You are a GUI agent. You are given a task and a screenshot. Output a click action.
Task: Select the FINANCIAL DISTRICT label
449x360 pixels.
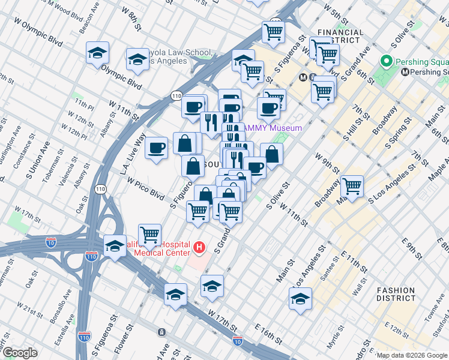pos(340,37)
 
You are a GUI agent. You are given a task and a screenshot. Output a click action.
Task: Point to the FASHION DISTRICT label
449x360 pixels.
pos(396,294)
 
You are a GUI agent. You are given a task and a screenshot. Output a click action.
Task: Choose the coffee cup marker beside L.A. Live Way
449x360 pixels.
pos(156,147)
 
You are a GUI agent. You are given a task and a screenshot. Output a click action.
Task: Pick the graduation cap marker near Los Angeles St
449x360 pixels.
pos(300,298)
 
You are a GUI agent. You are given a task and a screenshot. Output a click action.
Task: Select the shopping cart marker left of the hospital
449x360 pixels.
pos(149,235)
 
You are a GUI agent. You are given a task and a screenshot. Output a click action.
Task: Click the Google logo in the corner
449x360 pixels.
pos(20,353)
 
